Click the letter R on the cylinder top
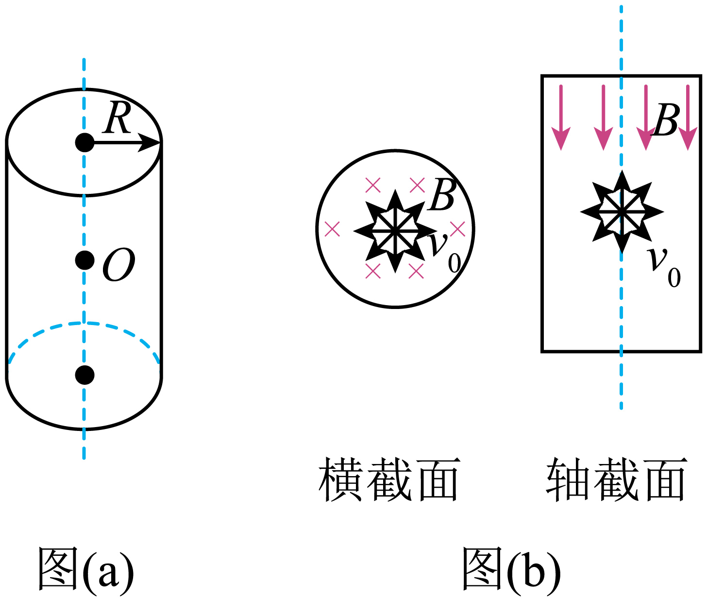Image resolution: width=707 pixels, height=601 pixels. click(x=117, y=118)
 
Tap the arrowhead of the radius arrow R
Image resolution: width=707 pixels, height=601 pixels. click(x=149, y=142)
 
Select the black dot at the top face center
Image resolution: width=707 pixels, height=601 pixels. click(x=84, y=142)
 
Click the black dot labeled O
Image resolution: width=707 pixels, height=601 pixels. click(x=84, y=260)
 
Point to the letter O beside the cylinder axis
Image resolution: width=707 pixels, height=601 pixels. click(x=118, y=265)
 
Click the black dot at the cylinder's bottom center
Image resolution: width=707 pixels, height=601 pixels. click(x=84, y=375)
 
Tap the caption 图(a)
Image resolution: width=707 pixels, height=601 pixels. click(x=85, y=568)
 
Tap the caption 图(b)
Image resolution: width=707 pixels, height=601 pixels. click(x=511, y=568)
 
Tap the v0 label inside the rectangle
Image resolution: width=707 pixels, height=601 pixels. click(x=664, y=267)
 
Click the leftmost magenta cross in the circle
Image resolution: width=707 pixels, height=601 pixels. click(x=332, y=229)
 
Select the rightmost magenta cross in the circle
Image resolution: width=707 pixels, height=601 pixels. click(x=457, y=229)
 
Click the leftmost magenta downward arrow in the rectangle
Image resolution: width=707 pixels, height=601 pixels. click(x=561, y=118)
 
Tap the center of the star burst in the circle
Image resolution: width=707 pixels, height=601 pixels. click(x=395, y=231)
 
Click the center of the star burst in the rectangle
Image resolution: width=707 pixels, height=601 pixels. click(x=622, y=211)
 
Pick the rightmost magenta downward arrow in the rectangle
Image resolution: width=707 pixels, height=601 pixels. click(x=688, y=118)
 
